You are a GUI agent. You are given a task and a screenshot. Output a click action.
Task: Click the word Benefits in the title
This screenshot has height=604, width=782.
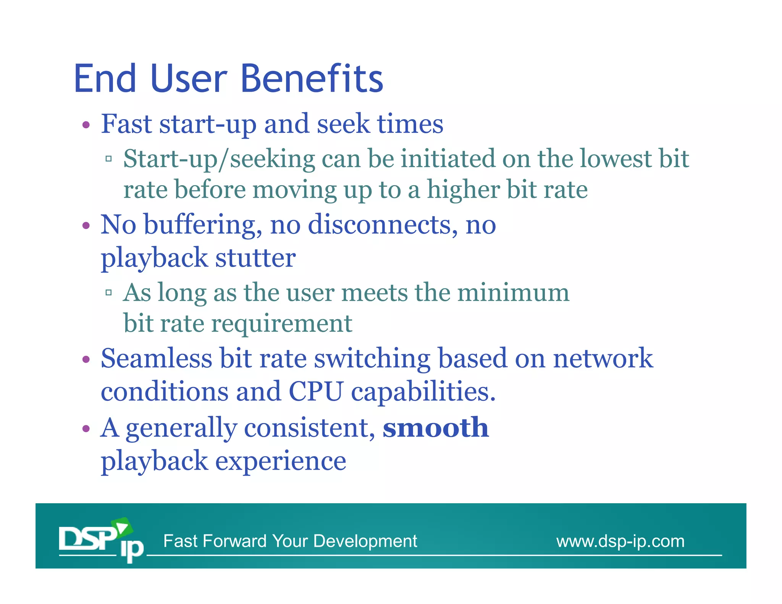pyautogui.click(x=312, y=79)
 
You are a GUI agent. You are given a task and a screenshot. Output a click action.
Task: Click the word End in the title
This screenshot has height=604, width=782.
pyautogui.click(x=105, y=79)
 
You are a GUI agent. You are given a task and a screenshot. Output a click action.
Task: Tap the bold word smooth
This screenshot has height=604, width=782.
pyautogui.click(x=436, y=428)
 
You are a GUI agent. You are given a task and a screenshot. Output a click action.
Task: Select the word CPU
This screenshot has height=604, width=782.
pyautogui.click(x=316, y=391)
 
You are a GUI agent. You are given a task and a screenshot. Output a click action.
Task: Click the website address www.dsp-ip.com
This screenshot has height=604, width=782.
pyautogui.click(x=620, y=541)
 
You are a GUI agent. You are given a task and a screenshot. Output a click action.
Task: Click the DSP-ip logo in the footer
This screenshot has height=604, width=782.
pyautogui.click(x=101, y=539)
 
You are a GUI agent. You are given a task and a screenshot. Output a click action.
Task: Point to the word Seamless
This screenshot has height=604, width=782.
pyautogui.click(x=156, y=359)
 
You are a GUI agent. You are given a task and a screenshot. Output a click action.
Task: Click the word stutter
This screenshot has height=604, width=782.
pyautogui.click(x=255, y=258)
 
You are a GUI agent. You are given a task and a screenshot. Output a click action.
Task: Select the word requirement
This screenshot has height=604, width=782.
pyautogui.click(x=282, y=324)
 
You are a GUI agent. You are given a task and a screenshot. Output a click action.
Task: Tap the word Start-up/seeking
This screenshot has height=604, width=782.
pyautogui.click(x=219, y=159)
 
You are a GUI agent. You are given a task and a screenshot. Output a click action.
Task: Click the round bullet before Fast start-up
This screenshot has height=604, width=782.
pyautogui.click(x=86, y=125)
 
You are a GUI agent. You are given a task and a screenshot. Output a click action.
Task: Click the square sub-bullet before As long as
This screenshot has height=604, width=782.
pyautogui.click(x=109, y=293)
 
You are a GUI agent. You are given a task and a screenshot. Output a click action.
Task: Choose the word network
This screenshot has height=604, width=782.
pyautogui.click(x=603, y=359)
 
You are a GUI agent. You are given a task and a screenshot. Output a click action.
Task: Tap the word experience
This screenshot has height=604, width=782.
pyautogui.click(x=281, y=461)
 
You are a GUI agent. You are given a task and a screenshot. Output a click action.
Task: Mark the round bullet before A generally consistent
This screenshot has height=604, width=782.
pyautogui.click(x=86, y=428)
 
